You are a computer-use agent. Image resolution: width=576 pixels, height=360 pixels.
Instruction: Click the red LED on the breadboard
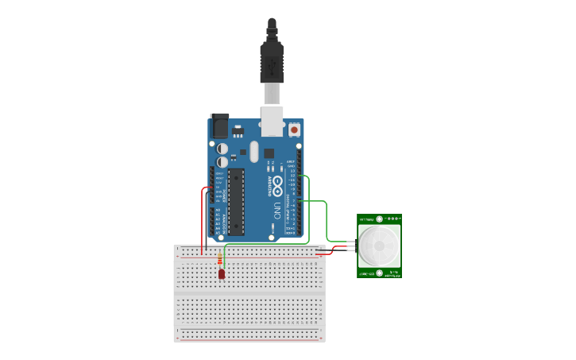[x=222, y=274]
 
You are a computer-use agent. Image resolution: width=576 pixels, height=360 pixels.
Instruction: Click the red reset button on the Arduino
[x=295, y=129]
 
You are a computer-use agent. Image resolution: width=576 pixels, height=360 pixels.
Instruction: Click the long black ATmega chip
[x=236, y=202]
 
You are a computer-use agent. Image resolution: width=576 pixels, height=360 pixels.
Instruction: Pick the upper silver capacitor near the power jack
[x=223, y=149]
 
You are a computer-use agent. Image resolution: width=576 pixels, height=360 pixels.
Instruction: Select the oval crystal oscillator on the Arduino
[x=254, y=151]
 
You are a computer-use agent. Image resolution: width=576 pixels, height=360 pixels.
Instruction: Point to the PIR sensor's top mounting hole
[x=380, y=219]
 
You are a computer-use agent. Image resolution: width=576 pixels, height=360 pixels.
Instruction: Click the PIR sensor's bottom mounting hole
[x=380, y=273]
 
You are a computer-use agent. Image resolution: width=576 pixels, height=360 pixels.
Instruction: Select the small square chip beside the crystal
[x=269, y=153]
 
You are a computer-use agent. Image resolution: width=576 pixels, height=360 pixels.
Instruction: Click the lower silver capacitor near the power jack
[x=223, y=162]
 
